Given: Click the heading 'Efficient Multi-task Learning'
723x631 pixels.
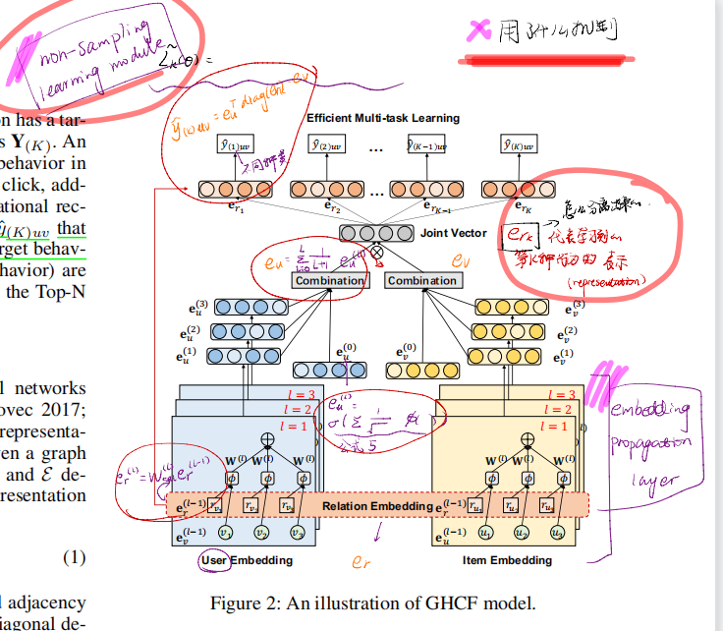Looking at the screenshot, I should [383, 118].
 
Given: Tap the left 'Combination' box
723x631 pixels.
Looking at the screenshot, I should [328, 280].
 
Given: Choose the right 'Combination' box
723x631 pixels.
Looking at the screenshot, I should [421, 280].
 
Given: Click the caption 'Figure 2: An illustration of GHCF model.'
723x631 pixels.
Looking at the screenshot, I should [374, 602].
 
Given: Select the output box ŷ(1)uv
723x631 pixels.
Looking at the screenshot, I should [237, 145].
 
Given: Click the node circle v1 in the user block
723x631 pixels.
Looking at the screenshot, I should [225, 533].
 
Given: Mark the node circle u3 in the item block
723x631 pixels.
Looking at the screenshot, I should [556, 533].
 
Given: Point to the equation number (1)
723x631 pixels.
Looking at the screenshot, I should [75, 557].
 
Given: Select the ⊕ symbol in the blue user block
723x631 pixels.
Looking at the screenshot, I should [265, 438].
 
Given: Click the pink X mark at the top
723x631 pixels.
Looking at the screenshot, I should [479, 31].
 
